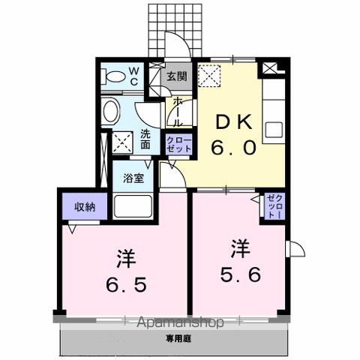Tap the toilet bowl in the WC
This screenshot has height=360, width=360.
115,76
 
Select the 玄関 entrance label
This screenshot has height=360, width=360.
178,76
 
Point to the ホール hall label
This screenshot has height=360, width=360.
178,112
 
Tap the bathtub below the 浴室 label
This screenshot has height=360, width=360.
133,205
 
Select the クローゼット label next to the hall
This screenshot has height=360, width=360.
179,144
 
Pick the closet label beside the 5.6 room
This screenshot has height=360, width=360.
272,205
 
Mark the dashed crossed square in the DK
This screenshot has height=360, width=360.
209,75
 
